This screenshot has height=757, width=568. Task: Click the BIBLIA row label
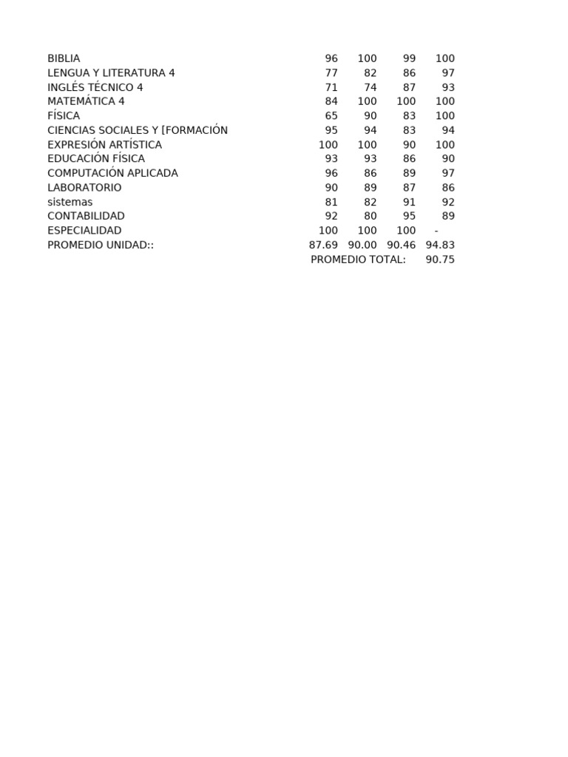[64, 58]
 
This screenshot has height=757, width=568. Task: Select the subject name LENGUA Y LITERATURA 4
[111, 72]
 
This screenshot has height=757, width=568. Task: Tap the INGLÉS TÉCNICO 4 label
[95, 87]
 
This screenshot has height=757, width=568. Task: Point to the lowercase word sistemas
[70, 202]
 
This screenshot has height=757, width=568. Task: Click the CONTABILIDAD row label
[86, 216]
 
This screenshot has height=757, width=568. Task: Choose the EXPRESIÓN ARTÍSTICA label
[104, 145]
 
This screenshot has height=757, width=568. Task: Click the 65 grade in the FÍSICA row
[331, 116]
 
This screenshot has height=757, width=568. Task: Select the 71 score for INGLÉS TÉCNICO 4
[331, 87]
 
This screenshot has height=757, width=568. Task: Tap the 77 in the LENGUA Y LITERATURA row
[331, 72]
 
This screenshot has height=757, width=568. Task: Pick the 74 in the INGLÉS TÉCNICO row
[371, 87]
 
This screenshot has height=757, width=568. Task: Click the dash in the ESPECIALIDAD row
[436, 231]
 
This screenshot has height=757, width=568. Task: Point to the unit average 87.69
[323, 245]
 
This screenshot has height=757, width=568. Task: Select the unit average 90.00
[362, 245]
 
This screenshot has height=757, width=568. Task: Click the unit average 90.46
[402, 245]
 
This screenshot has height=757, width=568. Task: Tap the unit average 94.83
[440, 245]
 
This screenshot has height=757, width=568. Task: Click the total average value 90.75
[440, 259]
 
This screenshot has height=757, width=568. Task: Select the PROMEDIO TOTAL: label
[358, 259]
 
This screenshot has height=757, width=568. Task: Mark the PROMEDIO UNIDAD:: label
[101, 245]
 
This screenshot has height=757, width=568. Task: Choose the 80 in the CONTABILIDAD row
[371, 216]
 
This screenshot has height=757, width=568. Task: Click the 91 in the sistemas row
[410, 202]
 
